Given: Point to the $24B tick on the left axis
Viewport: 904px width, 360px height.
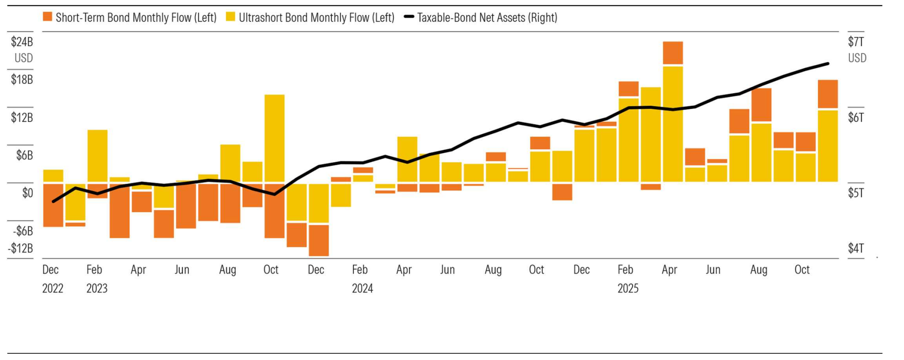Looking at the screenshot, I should pyautogui.click(x=22, y=42).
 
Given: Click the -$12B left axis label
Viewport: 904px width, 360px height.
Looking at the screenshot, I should pyautogui.click(x=21, y=248).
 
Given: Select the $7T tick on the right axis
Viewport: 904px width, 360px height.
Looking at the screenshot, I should pyautogui.click(x=856, y=42).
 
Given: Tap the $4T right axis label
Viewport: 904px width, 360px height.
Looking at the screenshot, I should pyautogui.click(x=856, y=248).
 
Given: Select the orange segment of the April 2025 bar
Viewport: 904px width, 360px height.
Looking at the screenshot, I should pyautogui.click(x=673, y=53).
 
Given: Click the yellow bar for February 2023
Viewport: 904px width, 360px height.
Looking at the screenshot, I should pyautogui.click(x=97, y=156).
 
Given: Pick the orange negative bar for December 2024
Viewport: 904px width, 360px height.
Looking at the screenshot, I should pyautogui.click(x=562, y=192).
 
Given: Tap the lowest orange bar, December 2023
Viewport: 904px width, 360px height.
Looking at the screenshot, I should pyautogui.click(x=319, y=240).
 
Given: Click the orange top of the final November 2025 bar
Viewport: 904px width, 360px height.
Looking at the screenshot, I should pyautogui.click(x=828, y=94).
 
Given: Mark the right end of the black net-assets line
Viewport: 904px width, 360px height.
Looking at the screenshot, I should pyautogui.click(x=828, y=64).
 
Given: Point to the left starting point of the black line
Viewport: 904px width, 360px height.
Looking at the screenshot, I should pyautogui.click(x=53, y=202).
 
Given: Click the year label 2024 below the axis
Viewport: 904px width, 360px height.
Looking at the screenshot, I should pyautogui.click(x=362, y=288).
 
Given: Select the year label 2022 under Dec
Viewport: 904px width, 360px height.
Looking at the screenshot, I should pyautogui.click(x=53, y=288).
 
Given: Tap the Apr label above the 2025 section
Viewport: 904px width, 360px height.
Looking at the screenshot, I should pyautogui.click(x=669, y=270).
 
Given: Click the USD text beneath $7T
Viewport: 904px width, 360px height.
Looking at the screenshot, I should pyautogui.click(x=857, y=58).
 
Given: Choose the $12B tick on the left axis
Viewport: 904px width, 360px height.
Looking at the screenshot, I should pyautogui.click(x=22, y=118).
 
